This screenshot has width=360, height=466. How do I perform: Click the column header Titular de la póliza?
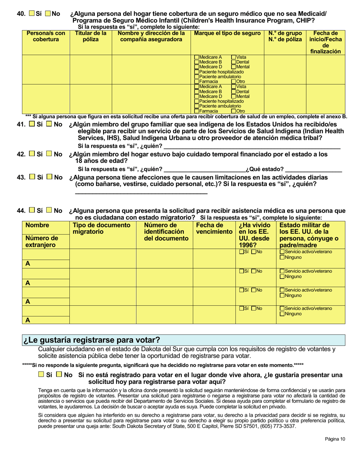click(x=91, y=36)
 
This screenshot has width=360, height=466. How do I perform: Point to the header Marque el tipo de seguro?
click(x=227, y=33)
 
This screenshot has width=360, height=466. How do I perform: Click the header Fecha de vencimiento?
click(x=214, y=228)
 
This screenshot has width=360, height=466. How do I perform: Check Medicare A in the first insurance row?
click(x=196, y=57)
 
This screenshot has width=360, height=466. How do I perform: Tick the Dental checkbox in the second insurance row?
click(x=233, y=92)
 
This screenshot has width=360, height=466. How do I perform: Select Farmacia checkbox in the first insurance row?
click(x=196, y=81)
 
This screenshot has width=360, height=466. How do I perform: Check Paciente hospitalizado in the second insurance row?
click(x=196, y=102)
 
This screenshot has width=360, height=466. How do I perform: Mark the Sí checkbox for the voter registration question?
click(x=41, y=375)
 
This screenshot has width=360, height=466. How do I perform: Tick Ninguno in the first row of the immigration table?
click(x=282, y=258)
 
